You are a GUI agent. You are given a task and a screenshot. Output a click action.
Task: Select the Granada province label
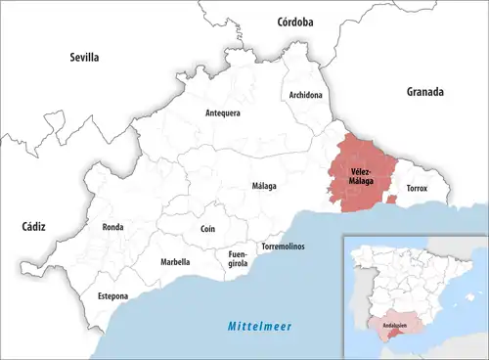pyautogui.click(x=425, y=92)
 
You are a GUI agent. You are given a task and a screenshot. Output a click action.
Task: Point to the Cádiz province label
pyautogui.click(x=33, y=226)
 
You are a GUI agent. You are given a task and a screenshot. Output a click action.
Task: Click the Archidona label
pyautogui.click(x=306, y=95)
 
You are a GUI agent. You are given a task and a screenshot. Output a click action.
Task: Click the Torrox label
pyautogui.click(x=417, y=187)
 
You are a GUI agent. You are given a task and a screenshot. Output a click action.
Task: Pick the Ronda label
pyautogui.click(x=112, y=227)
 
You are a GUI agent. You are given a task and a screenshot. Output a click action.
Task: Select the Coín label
pyautogui.click(x=206, y=228)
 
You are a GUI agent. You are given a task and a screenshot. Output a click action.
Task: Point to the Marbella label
pyautogui.click(x=175, y=262)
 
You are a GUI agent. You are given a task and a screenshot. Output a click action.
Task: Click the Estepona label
pyautogui.click(x=112, y=295)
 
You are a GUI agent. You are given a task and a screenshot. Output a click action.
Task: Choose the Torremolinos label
pyautogui.click(x=283, y=247)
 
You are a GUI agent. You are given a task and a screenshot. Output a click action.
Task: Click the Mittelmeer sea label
pyautogui.click(x=260, y=326)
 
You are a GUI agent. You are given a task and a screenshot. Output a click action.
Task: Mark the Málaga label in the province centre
pyautogui.click(x=264, y=186)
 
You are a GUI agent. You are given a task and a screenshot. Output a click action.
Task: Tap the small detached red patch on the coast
pyautogui.click(x=392, y=199)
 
